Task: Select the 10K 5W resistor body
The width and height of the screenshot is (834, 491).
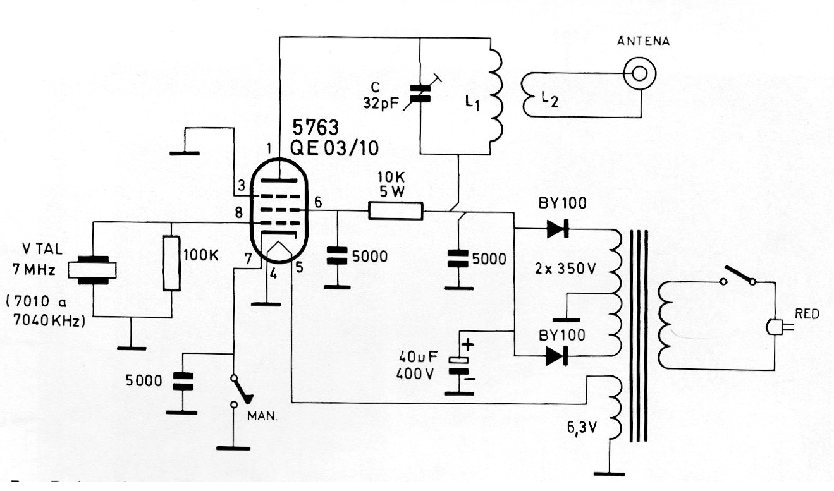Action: [x=395, y=210]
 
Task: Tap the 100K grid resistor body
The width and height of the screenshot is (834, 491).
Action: [x=171, y=263]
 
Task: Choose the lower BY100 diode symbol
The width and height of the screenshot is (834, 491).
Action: [x=557, y=356]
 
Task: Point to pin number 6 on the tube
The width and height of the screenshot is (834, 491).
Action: [x=317, y=202]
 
